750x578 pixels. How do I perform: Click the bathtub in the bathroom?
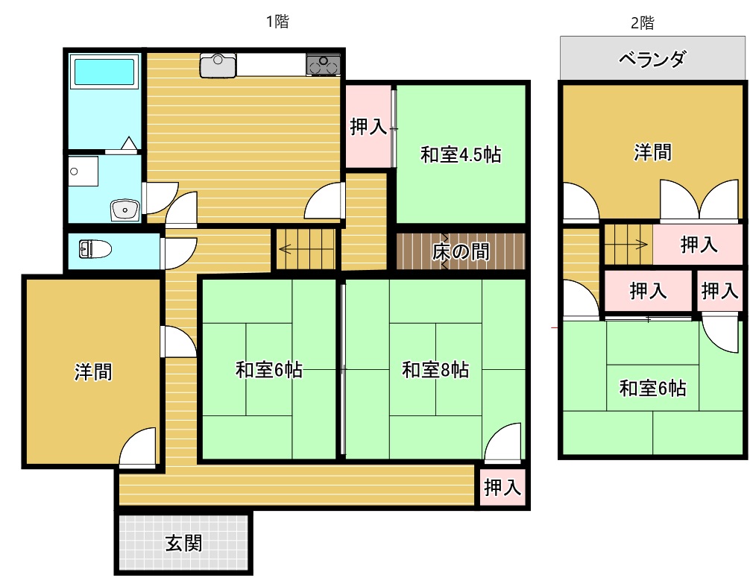104,72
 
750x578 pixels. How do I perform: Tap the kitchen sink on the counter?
218,64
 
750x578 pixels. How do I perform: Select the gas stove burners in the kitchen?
323,65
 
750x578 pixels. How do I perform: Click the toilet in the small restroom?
95,249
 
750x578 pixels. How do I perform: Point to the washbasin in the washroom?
123,210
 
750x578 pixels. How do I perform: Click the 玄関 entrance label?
183,543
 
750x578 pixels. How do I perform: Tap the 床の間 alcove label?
461,252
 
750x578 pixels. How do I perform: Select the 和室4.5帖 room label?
460,155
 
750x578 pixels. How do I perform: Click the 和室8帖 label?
435,369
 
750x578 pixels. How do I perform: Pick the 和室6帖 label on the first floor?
269,369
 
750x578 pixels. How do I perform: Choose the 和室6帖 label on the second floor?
653,388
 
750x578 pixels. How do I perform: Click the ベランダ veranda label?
652,59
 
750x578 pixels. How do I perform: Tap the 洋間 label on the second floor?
652,153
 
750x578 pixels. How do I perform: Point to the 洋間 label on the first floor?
93,371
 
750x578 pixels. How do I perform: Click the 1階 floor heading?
277,22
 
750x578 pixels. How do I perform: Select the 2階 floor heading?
642,23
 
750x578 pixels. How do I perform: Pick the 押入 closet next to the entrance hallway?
502,489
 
